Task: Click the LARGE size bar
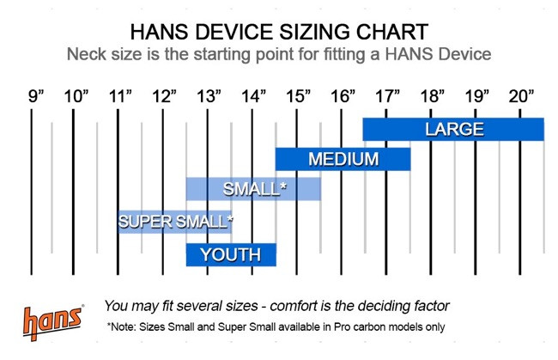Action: (453, 130)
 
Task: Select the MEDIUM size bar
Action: (343, 160)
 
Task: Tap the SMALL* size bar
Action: (253, 189)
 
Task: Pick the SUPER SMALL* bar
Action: (175, 222)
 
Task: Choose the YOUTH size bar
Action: (230, 254)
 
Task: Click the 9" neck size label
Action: (35, 95)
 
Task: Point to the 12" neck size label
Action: (164, 95)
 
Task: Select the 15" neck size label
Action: (298, 95)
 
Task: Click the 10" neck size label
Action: (76, 95)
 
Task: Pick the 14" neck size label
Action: (253, 95)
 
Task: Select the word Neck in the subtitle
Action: (87, 55)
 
